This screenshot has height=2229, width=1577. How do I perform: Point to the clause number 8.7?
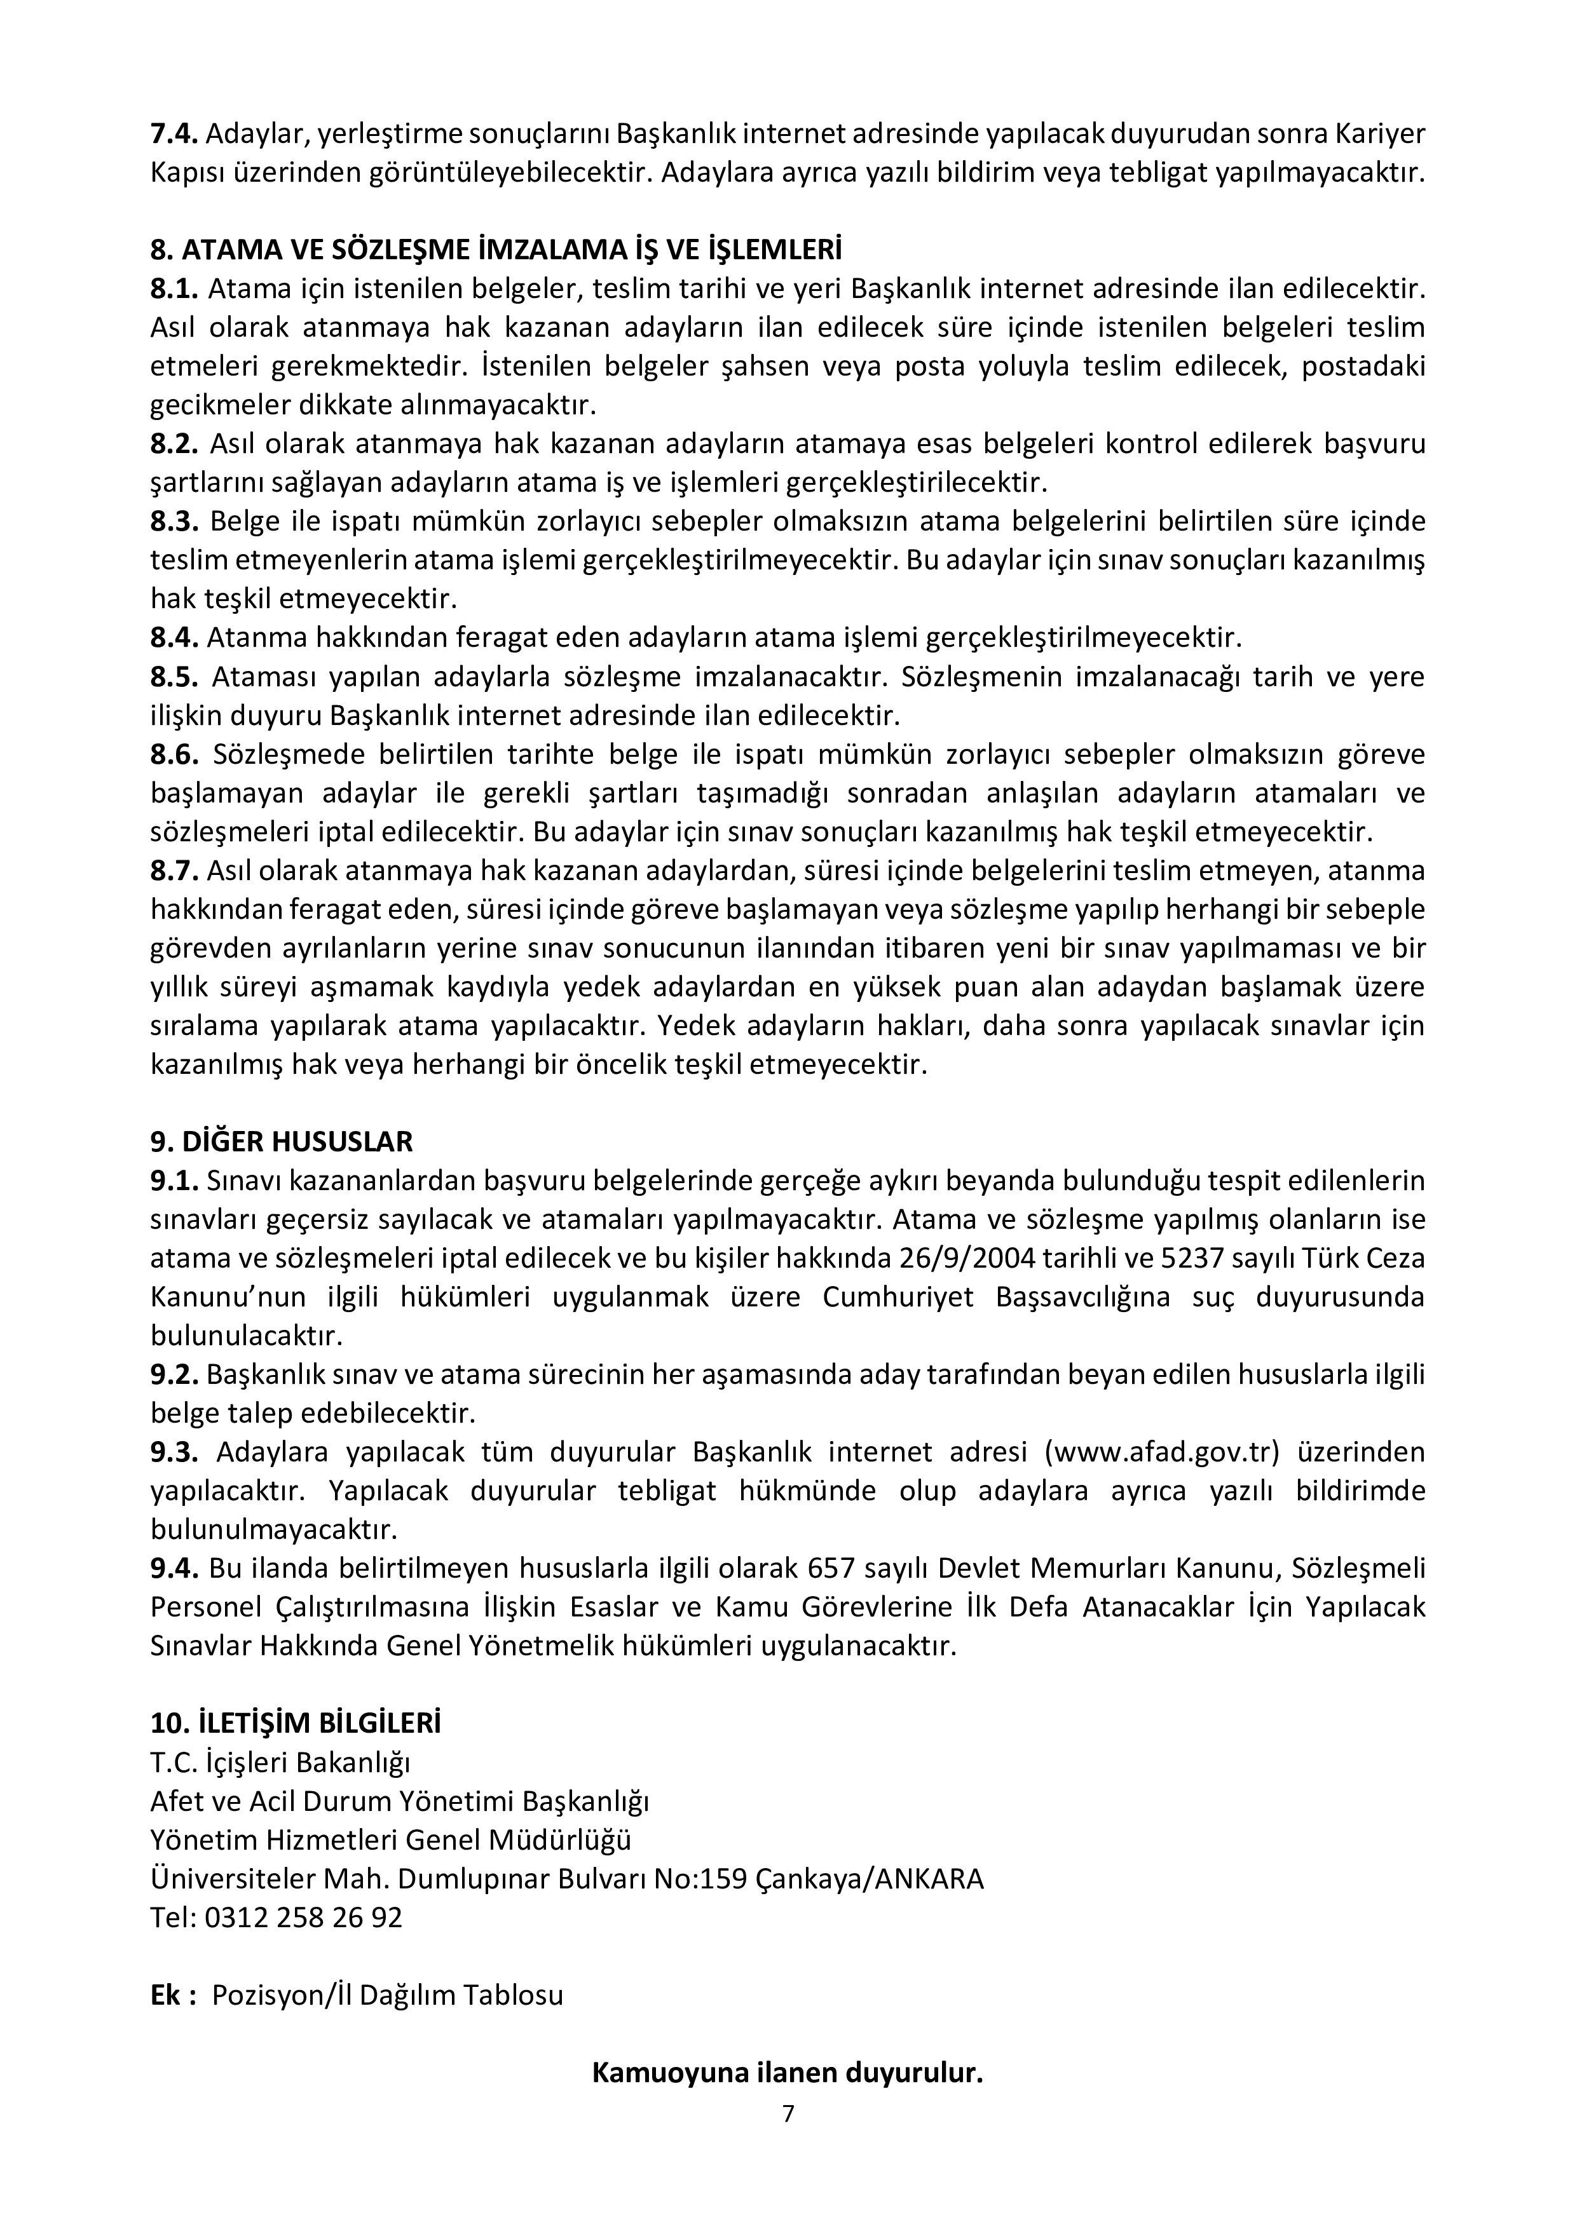tap(174, 871)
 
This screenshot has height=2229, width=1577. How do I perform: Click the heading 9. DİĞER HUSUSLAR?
tap(282, 1141)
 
